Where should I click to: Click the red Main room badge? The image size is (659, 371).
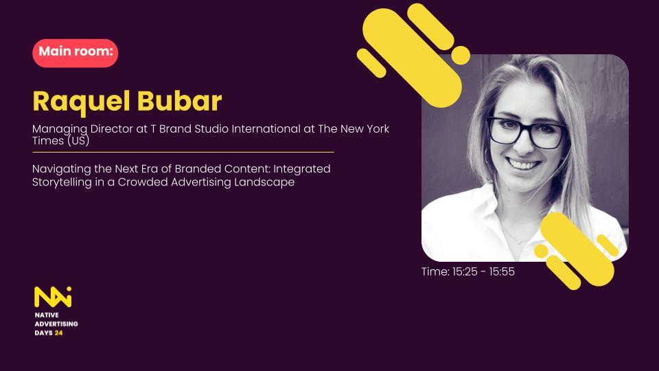click(x=76, y=53)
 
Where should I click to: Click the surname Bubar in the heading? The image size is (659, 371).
click(x=179, y=101)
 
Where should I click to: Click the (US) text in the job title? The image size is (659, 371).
click(x=78, y=141)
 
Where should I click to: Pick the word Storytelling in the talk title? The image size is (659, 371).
click(x=62, y=183)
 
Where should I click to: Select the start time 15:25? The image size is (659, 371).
click(x=465, y=272)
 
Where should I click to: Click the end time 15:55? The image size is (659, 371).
click(x=502, y=272)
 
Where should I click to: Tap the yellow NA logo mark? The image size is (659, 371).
click(x=53, y=297)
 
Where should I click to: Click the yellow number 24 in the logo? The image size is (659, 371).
click(x=59, y=333)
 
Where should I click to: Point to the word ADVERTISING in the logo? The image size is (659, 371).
click(x=56, y=324)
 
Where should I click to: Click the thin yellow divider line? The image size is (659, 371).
click(x=183, y=152)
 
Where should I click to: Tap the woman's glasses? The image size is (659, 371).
click(x=526, y=132)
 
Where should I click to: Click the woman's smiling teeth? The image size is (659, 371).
click(x=522, y=164)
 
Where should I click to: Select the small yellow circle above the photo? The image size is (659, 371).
click(x=461, y=56)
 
